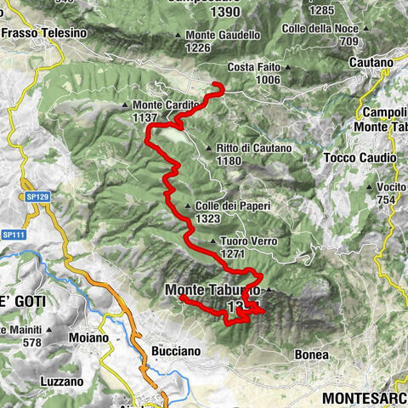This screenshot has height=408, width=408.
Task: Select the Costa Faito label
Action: [x=255, y=66]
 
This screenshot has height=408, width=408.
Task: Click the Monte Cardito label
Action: [x=166, y=105]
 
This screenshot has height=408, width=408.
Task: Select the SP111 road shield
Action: [x=13, y=235]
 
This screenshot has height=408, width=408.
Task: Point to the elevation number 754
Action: [x=387, y=199]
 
